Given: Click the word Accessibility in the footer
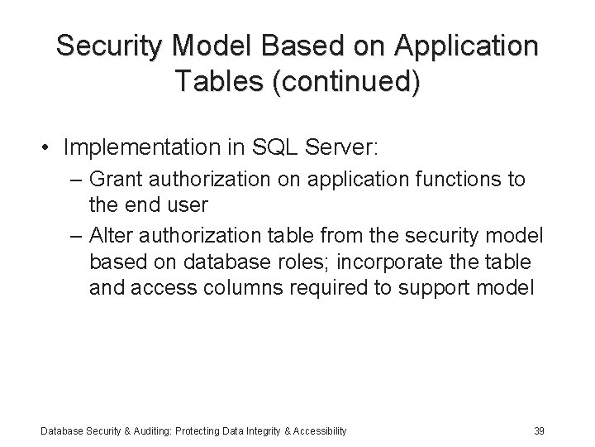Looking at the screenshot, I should pos(320,430).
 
